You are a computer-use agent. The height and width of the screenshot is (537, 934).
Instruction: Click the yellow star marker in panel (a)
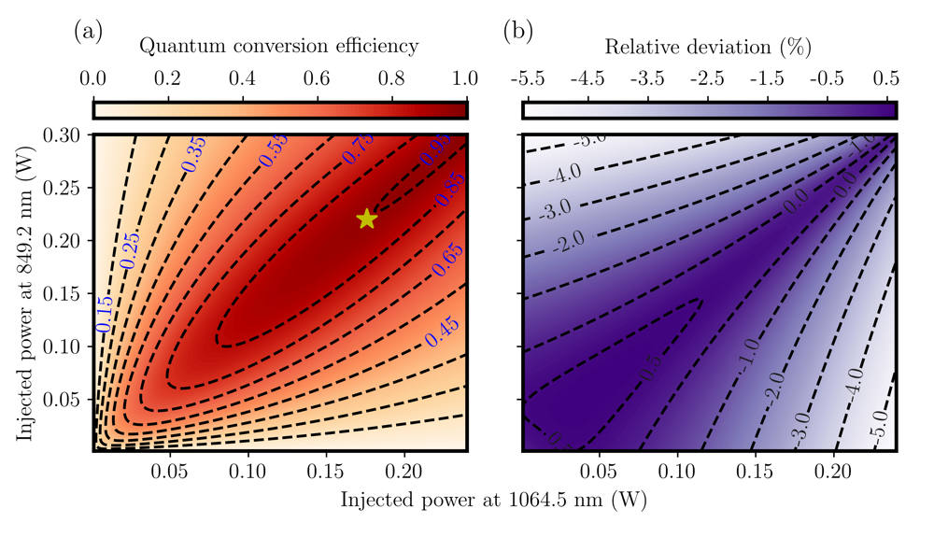[x=366, y=219]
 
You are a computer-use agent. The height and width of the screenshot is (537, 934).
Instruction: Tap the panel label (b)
[x=518, y=31]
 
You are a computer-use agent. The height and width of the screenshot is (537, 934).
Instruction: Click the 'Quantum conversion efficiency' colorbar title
[x=279, y=46]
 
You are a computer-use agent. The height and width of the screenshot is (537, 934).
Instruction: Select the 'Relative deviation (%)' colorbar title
[x=708, y=46]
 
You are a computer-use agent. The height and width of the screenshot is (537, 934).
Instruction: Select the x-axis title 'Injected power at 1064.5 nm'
[x=494, y=500]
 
